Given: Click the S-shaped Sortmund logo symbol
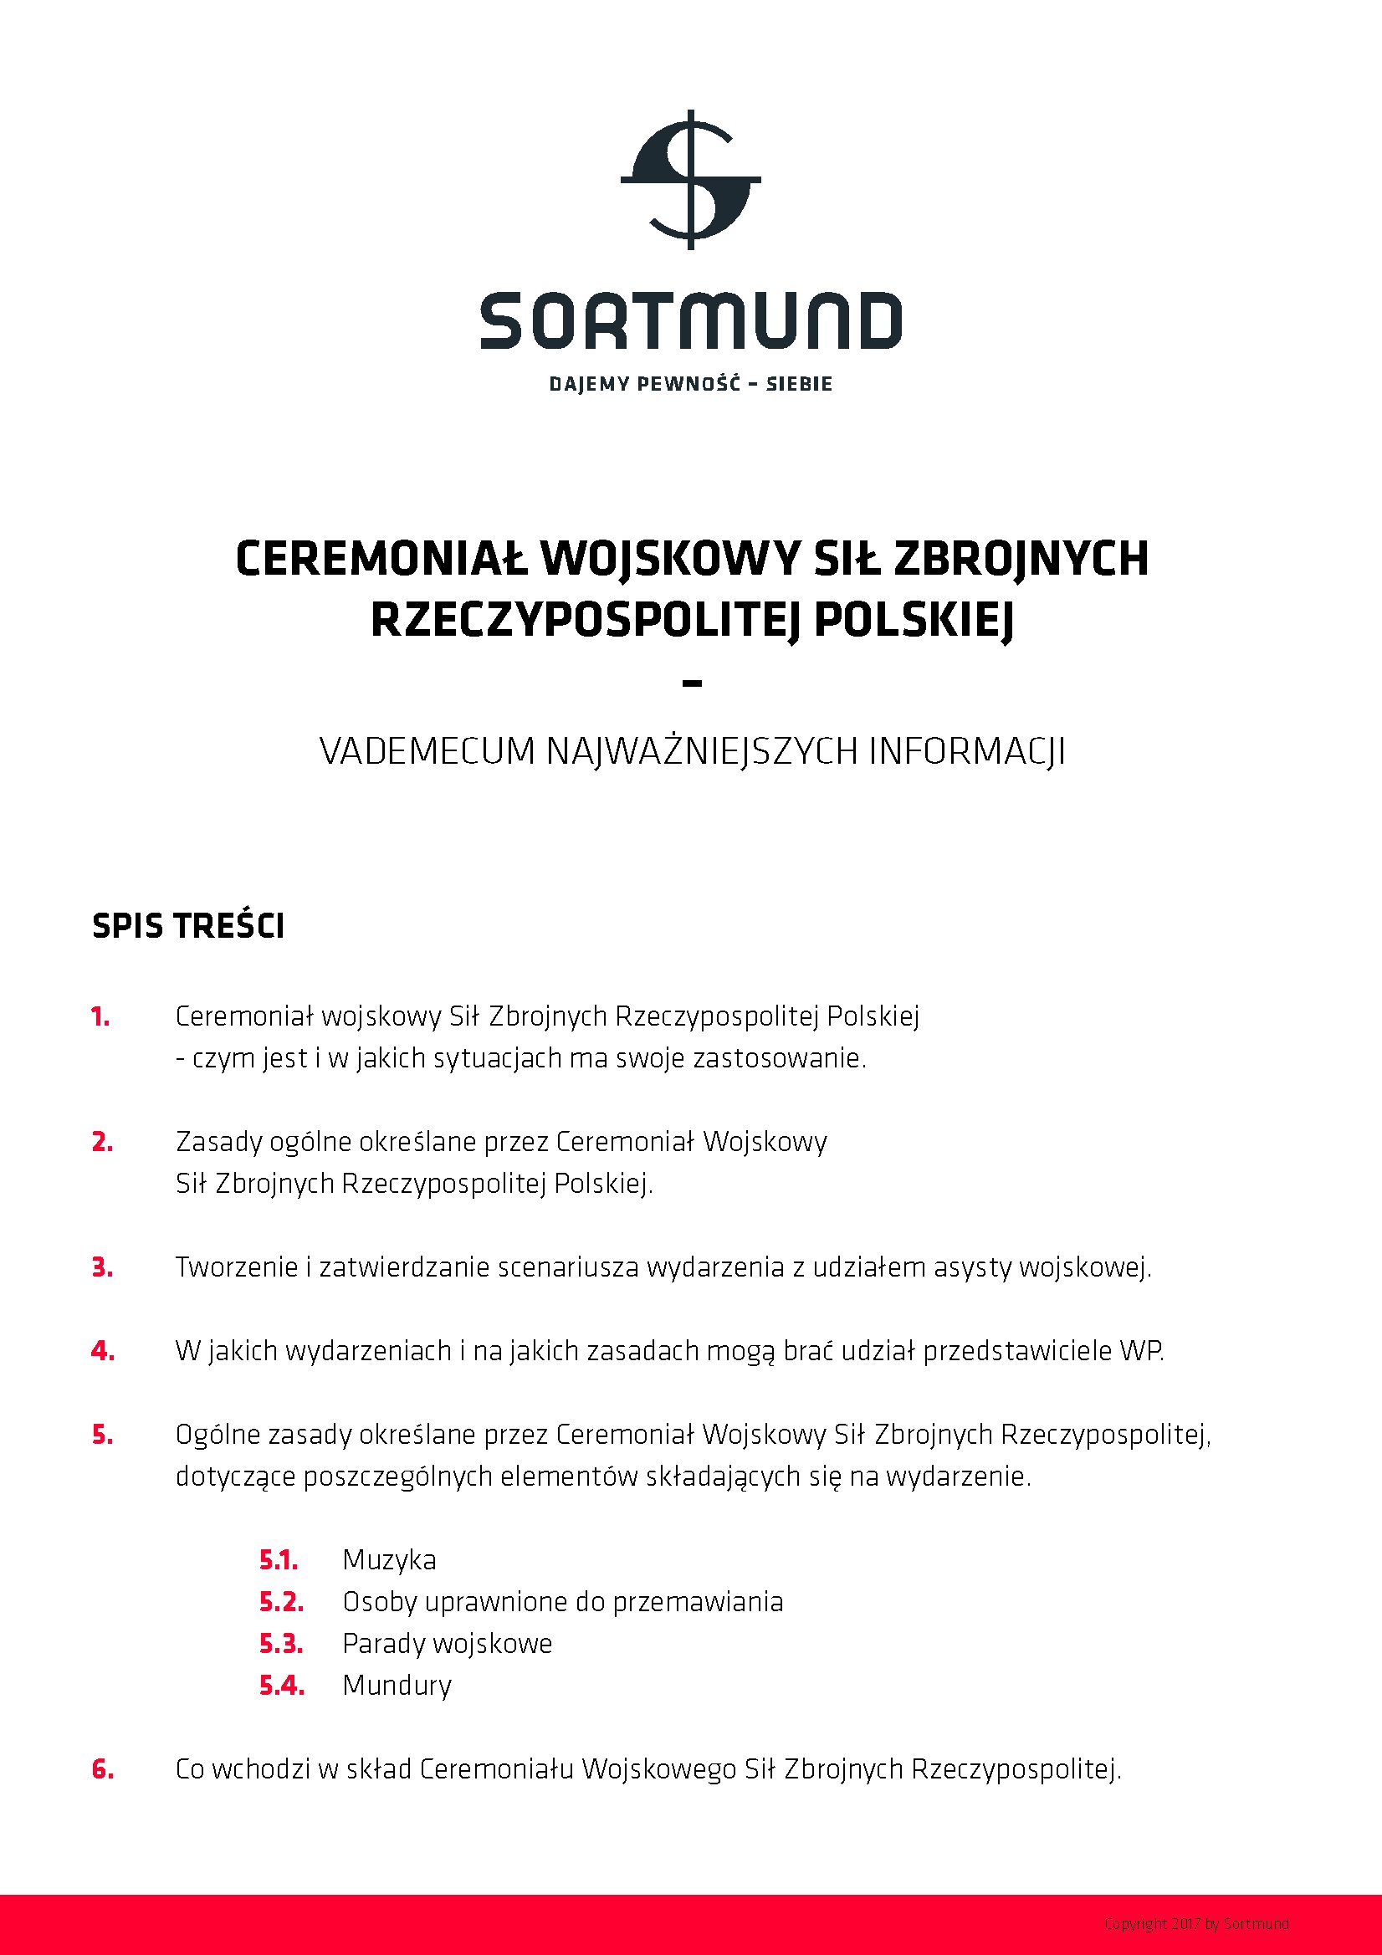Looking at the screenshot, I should pos(690,180).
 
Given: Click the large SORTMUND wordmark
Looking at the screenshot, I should pos(690,321).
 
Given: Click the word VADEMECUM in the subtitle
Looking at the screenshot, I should pos(427,752).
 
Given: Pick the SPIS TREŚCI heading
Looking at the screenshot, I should pos(188,926).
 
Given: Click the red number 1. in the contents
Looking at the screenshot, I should pos(100,1016).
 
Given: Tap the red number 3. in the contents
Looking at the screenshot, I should pos(102,1268).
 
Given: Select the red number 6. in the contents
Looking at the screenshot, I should pos(102,1769).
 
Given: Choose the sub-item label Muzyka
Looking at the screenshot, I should pos(389,1560).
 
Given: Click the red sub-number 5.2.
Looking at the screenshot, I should pos(281,1602).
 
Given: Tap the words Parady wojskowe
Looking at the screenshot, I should pos(447,1643).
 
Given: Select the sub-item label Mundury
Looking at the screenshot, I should pos(397,1685).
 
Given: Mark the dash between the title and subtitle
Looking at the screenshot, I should pos(693,683).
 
